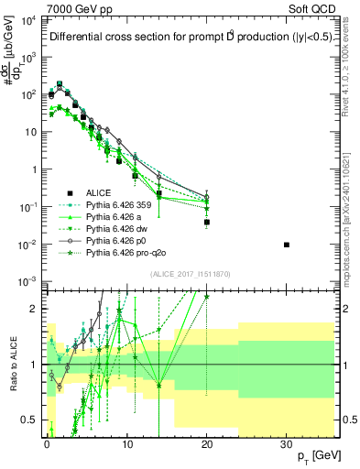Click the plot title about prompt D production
182,38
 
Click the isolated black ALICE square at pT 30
287,245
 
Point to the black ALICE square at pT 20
207,222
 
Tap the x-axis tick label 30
287,441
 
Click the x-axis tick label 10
126,441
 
